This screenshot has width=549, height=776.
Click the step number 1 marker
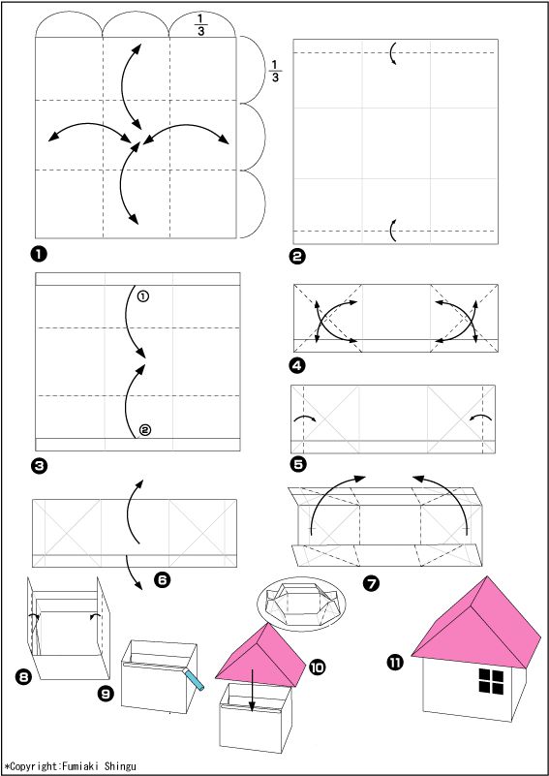[39, 255]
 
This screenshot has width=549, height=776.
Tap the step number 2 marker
[299, 257]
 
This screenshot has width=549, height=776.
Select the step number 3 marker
[39, 465]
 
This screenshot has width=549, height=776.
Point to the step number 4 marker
[299, 366]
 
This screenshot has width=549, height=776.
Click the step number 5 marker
[299, 464]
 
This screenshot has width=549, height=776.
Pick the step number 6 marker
[162, 579]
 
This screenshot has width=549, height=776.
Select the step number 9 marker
[106, 694]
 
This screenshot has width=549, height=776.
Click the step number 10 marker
[317, 667]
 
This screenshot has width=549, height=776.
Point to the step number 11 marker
[395, 663]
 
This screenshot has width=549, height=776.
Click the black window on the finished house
[491, 681]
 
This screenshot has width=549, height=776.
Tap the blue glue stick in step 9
[194, 678]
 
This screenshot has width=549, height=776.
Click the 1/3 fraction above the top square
[200, 25]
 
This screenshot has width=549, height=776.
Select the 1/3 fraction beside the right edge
[275, 71]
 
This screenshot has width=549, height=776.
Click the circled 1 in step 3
[143, 296]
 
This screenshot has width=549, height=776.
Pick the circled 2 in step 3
[144, 430]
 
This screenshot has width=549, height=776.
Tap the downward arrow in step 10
[252, 691]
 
